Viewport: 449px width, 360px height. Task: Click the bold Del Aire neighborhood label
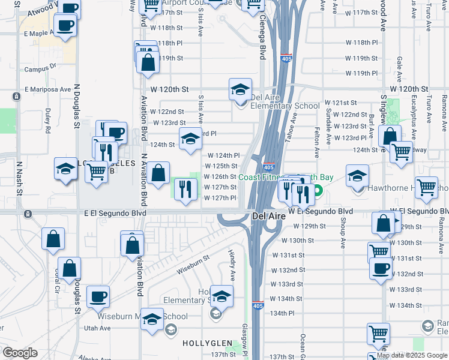[x=267, y=216]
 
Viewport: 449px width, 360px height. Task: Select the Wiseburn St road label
[x=193, y=265]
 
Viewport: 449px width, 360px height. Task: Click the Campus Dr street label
[x=40, y=69]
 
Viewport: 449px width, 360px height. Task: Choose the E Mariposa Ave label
[x=47, y=89]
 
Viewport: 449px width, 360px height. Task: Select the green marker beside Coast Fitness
[x=318, y=193]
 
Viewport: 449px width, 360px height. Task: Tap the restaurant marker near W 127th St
[x=185, y=189]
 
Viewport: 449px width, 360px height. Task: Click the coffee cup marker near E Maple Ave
[x=65, y=26]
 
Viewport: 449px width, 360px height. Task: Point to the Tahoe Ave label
[x=293, y=130]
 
